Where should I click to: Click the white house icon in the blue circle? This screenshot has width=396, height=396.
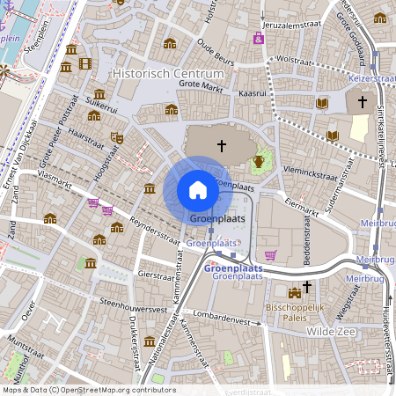(x=198, y=189)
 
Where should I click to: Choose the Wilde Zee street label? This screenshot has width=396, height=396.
(x=330, y=332)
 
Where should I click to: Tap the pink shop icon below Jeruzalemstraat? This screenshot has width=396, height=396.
(x=257, y=38)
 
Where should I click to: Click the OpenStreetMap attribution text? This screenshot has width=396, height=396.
(x=88, y=390)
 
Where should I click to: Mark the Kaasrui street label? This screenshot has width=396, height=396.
(x=252, y=92)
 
